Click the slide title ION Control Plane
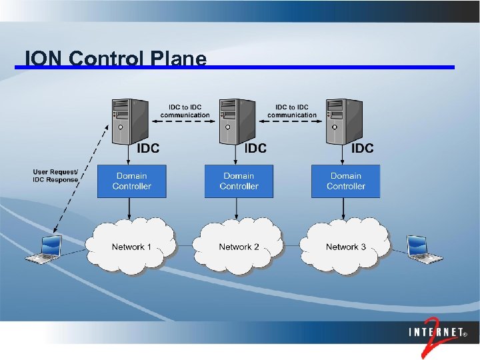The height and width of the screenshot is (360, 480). [115, 59]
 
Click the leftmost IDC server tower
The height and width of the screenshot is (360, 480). [130, 121]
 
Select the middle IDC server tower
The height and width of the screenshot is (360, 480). [237, 121]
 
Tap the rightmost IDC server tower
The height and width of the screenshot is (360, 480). [344, 121]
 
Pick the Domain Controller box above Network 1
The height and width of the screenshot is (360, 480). [132, 181]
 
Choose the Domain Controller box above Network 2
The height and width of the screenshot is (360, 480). [239, 181]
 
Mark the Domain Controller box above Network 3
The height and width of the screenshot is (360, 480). [345, 181]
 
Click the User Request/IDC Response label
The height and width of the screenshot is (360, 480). [55, 176]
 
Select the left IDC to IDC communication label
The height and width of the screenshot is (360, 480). [185, 111]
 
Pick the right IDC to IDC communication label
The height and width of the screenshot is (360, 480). [292, 111]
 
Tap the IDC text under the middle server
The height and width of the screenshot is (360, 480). [255, 148]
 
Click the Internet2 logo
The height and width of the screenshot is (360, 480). [437, 333]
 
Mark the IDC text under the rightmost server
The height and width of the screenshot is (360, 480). [362, 148]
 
